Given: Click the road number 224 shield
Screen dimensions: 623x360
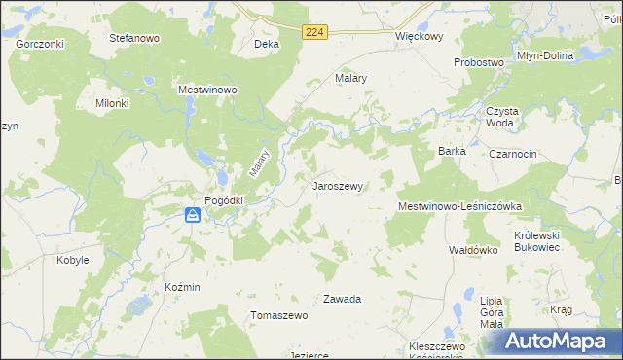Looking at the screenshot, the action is coord(313,32).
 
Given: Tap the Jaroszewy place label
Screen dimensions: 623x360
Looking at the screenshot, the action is coord(338,185).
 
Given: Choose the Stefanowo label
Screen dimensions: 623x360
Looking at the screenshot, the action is coord(134,39).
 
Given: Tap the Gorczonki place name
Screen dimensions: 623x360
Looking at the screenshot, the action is coord(39,45).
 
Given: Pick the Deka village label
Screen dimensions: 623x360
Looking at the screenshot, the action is coord(266,45).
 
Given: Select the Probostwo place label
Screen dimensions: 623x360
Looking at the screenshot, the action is coord(479,62).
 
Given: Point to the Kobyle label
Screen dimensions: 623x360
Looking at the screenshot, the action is coord(73,260).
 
